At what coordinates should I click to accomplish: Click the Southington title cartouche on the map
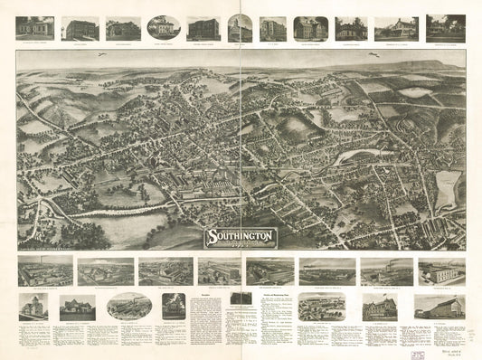[237, 238]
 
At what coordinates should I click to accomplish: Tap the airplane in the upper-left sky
[101, 55]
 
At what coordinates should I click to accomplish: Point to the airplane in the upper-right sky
[372, 55]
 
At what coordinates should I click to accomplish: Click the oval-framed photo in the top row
[162, 26]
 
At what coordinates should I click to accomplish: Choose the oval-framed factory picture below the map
[129, 306]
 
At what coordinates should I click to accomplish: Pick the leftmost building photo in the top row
[34, 27]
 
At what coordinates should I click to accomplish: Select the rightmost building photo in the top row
[445, 27]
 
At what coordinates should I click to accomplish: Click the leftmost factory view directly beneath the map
[44, 270]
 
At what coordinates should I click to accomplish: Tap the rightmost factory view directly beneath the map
[441, 270]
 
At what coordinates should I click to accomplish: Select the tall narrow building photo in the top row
[240, 27]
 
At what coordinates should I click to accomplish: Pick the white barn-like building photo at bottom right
[439, 307]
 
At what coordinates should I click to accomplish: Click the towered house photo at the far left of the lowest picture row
[33, 306]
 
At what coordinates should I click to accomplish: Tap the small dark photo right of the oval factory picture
[174, 306]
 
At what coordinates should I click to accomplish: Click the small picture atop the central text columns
[241, 298]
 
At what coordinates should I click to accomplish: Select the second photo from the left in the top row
[80, 27]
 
